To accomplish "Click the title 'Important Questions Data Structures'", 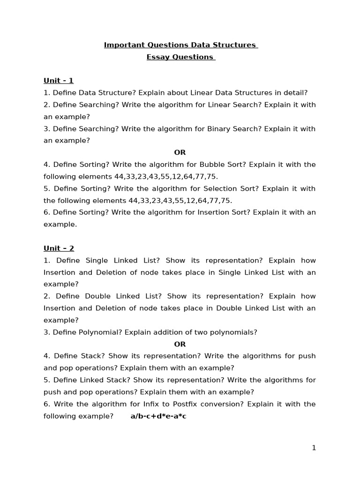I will pos(180,45).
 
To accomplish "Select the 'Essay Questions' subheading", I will pos(180,57).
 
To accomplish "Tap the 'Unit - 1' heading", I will pos(59,81).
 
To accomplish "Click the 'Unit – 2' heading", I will pos(59,248).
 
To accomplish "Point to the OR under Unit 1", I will pos(180,152).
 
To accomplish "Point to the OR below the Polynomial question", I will pos(180,344).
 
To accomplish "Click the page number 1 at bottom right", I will pos(314,448).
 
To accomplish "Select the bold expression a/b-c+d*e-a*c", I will pos(158,416).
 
